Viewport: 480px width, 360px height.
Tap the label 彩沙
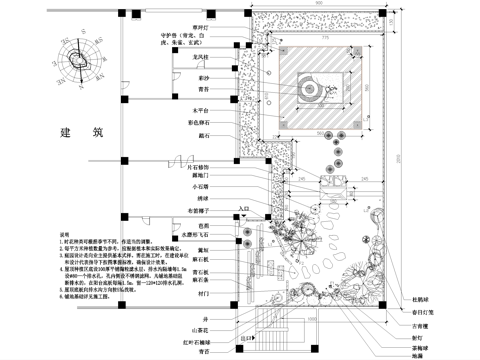pos(206,74)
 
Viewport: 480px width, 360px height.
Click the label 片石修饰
pos(202,161)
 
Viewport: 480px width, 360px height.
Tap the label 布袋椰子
pos(199,212)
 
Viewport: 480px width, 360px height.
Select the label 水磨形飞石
pos(200,236)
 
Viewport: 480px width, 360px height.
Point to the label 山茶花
pos(201,328)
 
